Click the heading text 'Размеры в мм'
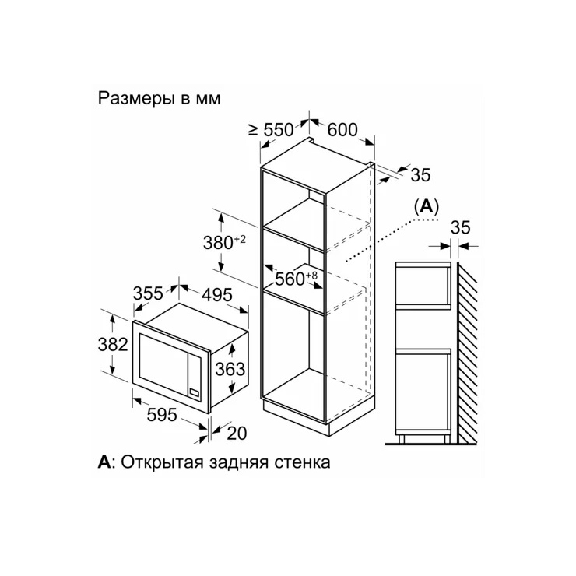point(159,98)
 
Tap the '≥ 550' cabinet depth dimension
point(271,130)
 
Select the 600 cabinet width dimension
point(342,130)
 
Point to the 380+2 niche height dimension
point(224,242)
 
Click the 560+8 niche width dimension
point(296,279)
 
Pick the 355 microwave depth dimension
point(148,293)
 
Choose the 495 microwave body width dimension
point(217,295)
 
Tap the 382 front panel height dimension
point(113,344)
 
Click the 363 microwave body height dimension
point(230,369)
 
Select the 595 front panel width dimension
point(162,415)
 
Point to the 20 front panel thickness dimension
point(237,434)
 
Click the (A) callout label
point(427,206)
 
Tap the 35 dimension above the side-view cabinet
point(460,227)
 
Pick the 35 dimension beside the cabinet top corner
point(420,175)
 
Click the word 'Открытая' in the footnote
point(163,462)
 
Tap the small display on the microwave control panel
point(195,393)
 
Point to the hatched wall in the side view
point(467,353)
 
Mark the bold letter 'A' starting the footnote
point(104,462)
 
